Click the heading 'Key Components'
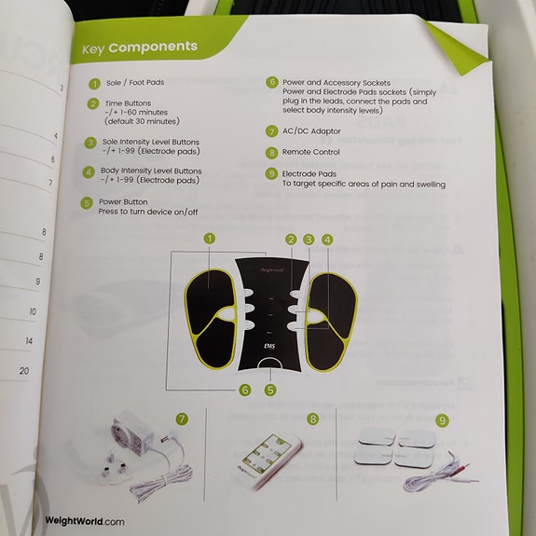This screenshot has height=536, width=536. pyautogui.click(x=140, y=48)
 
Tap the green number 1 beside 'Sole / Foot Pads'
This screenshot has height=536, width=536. pyautogui.click(x=93, y=82)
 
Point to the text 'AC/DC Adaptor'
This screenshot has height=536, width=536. pyautogui.click(x=309, y=131)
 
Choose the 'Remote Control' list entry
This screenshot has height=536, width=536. pyautogui.click(x=311, y=152)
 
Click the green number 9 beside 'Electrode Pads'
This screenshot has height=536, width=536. pyautogui.click(x=271, y=173)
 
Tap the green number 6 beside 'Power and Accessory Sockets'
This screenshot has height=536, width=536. pyautogui.click(x=271, y=82)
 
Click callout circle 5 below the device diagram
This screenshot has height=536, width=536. pyautogui.click(x=270, y=390)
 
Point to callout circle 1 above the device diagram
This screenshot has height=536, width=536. pyautogui.click(x=210, y=240)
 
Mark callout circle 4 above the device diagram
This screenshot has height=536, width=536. pyautogui.click(x=327, y=240)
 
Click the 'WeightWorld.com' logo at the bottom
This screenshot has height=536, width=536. pyautogui.click(x=85, y=520)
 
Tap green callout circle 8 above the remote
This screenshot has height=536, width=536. pyautogui.click(x=312, y=420)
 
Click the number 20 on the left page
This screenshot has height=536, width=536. pyautogui.click(x=24, y=370)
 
